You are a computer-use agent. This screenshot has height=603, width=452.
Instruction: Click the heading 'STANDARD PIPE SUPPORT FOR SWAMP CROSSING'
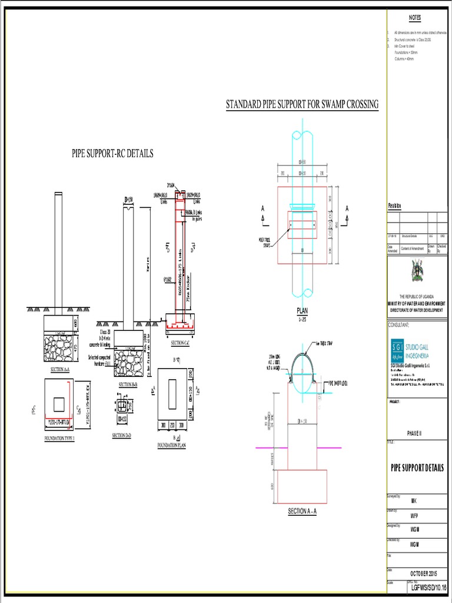coord(302,105)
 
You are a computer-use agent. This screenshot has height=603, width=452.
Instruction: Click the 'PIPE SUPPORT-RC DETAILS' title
coord(112,153)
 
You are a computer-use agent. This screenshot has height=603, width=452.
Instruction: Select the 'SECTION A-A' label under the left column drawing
coord(61,369)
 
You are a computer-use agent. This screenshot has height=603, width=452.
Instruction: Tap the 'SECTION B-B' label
coord(128,384)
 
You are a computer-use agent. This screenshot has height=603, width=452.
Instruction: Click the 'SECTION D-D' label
coord(121,436)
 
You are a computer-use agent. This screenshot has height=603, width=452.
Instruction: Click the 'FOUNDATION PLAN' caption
coord(171,446)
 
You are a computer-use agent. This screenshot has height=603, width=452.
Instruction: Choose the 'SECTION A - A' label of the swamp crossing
coord(302,512)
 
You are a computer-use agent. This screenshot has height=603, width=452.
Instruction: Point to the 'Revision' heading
coord(394,206)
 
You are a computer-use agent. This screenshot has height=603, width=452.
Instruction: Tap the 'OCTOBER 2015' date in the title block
coord(424,573)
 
